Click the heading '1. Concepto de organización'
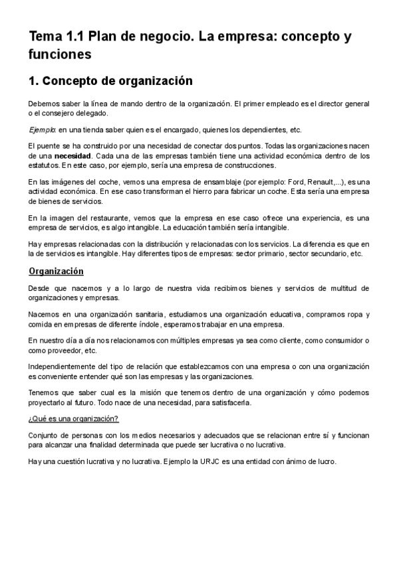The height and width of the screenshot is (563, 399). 110,82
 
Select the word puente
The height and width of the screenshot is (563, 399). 53,145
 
